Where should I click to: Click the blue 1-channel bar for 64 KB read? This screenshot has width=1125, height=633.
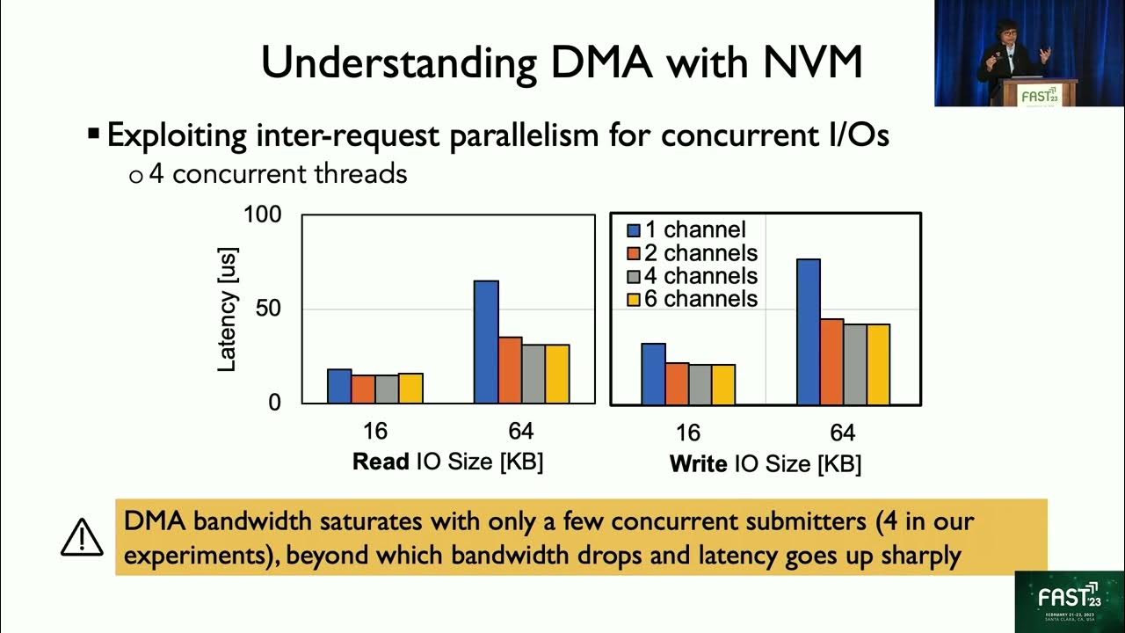486,342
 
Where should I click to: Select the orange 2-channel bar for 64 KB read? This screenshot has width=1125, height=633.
510,370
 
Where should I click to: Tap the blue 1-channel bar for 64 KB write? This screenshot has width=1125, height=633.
808,331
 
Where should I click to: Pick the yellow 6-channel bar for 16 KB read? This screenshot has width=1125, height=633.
410,388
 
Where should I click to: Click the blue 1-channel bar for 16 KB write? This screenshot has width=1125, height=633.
653,374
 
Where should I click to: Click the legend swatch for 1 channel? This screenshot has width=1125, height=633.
633,230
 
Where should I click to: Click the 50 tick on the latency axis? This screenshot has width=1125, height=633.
268,309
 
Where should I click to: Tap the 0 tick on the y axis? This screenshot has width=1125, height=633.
273,403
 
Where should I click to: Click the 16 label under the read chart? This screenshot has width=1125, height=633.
375,432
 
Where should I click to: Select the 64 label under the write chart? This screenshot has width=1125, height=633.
842,433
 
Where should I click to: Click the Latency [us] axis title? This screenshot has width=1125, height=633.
227,309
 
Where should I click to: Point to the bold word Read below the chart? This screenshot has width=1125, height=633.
381,462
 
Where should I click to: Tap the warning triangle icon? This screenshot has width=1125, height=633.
82,537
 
